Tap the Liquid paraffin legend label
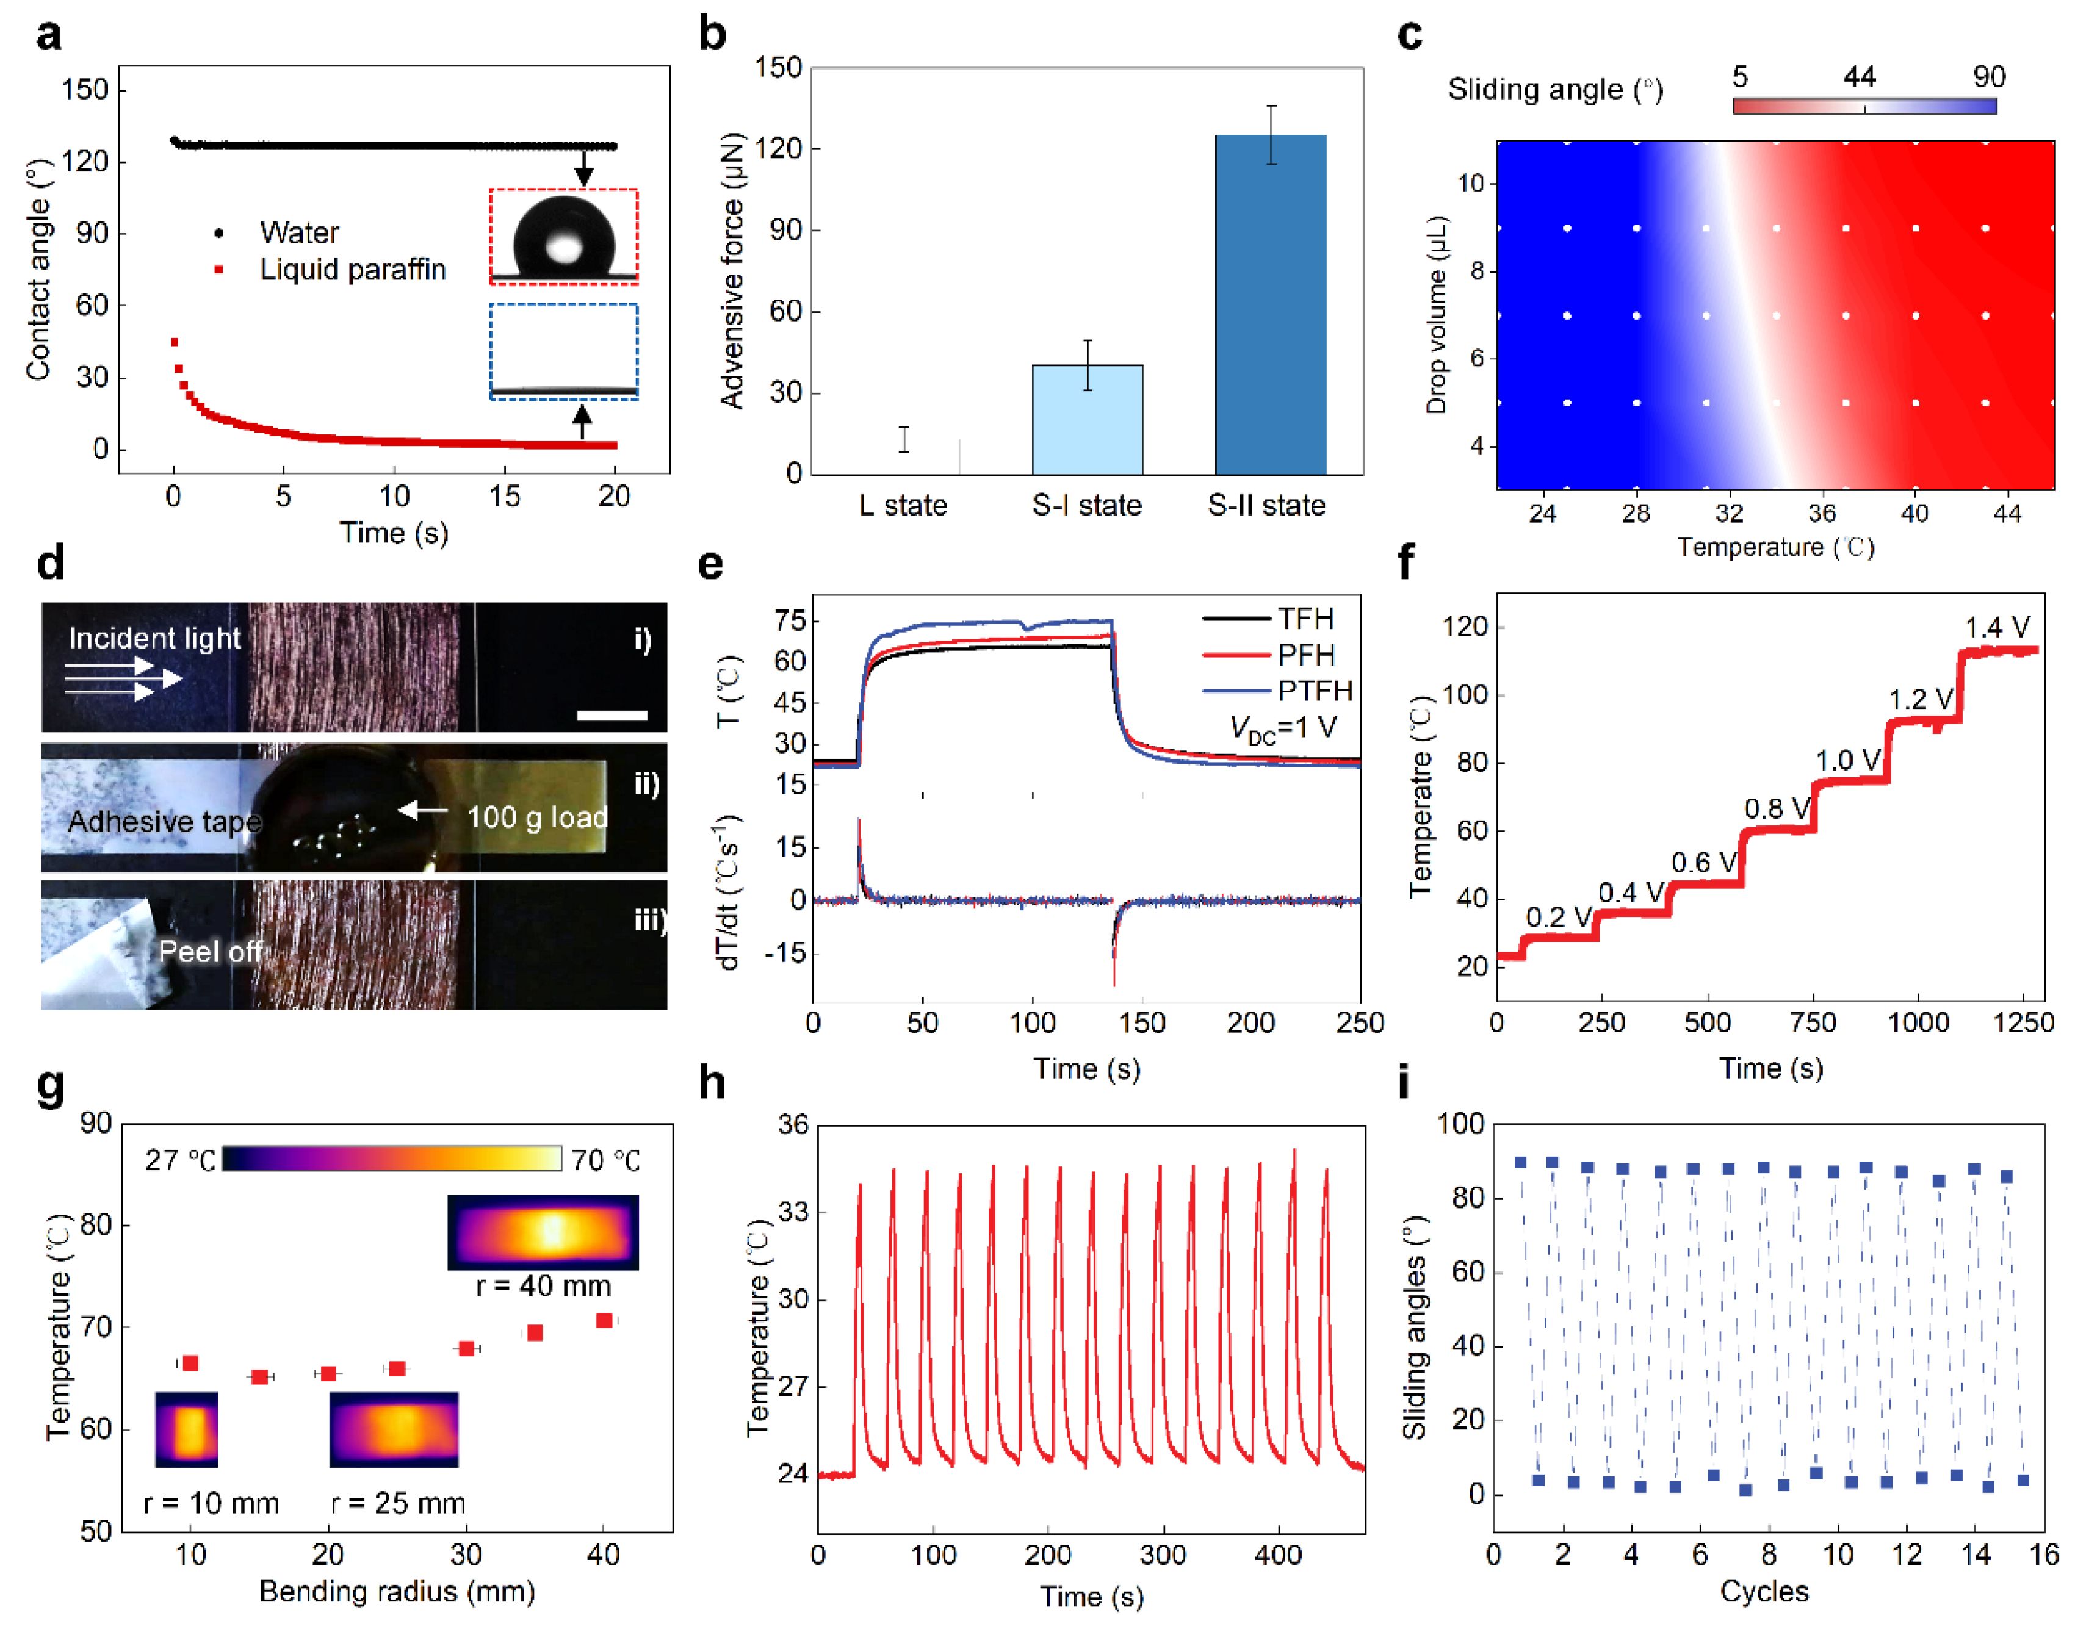click(352, 270)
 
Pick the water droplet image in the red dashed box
click(563, 235)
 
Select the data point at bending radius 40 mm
click(603, 1321)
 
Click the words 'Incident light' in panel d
click(154, 639)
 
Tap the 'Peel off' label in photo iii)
click(210, 952)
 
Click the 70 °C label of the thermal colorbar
click(605, 1160)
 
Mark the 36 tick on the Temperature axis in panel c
click(1821, 514)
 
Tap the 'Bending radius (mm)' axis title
click(397, 1591)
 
